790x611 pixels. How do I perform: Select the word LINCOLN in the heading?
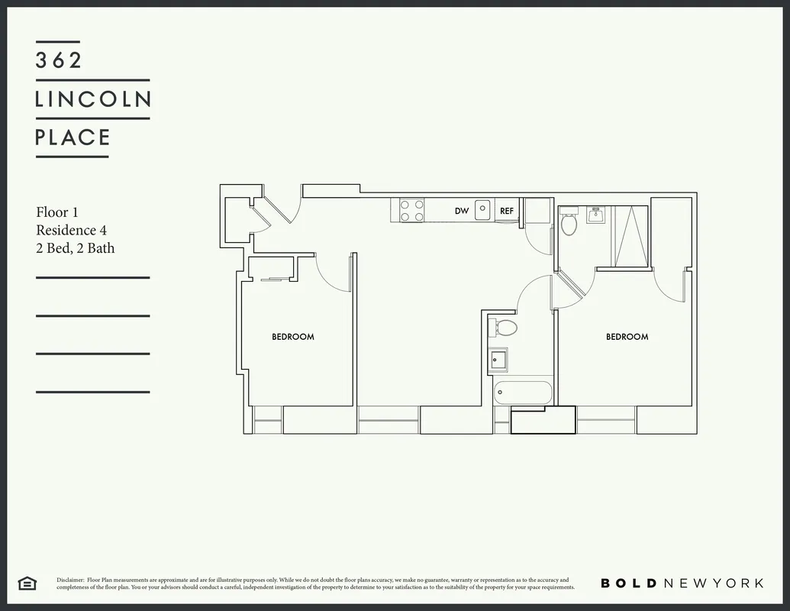pyautogui.click(x=93, y=99)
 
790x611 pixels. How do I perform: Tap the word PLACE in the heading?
pyautogui.click(x=73, y=137)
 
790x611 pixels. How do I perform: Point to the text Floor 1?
pyautogui.click(x=57, y=212)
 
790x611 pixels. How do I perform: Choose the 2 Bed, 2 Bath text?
pyautogui.click(x=76, y=247)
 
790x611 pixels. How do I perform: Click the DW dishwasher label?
pyautogui.click(x=462, y=211)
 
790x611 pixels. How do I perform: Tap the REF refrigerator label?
pyautogui.click(x=507, y=211)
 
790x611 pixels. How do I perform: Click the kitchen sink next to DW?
pyautogui.click(x=482, y=209)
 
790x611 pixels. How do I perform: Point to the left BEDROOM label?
pyautogui.click(x=293, y=337)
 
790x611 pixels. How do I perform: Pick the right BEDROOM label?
pyautogui.click(x=627, y=337)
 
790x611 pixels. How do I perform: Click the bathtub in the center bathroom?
pyautogui.click(x=523, y=393)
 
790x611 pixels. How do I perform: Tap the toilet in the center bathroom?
pyautogui.click(x=504, y=328)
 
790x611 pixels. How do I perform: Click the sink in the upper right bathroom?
pyautogui.click(x=595, y=216)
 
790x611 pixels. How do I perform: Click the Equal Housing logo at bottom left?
pyautogui.click(x=27, y=584)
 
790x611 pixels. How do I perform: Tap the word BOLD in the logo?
pyautogui.click(x=628, y=584)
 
